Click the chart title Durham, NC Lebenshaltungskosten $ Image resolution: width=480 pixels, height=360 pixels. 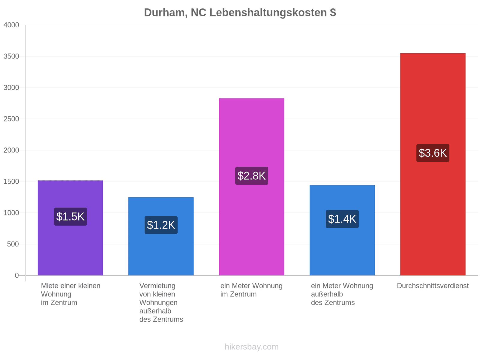(x=240, y=13)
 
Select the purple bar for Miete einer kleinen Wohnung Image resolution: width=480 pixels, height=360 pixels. (x=70, y=228)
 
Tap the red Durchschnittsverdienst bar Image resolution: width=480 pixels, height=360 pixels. (x=433, y=164)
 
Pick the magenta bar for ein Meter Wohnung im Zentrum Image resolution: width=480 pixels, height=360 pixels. (x=251, y=187)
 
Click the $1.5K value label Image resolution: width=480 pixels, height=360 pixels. (x=70, y=217)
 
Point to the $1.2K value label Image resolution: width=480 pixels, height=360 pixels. (x=161, y=225)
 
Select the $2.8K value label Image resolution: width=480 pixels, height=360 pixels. (x=251, y=176)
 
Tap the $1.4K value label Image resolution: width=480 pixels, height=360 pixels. (x=342, y=219)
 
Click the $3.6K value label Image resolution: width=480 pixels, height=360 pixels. (x=433, y=153)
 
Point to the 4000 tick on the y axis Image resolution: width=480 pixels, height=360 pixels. (x=11, y=25)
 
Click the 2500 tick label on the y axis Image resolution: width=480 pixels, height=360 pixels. (x=11, y=119)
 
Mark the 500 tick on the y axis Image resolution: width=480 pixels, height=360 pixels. (x=13, y=244)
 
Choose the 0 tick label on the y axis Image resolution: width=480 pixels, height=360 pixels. (x=17, y=275)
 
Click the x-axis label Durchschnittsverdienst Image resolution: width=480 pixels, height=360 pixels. (x=433, y=286)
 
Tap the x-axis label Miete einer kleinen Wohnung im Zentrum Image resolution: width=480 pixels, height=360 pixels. (x=70, y=294)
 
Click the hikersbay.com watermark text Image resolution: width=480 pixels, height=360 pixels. (x=251, y=347)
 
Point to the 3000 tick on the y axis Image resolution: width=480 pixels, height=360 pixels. (x=11, y=88)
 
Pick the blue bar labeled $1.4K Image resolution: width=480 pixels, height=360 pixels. (x=342, y=230)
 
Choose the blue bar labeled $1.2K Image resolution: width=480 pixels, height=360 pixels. (x=161, y=236)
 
